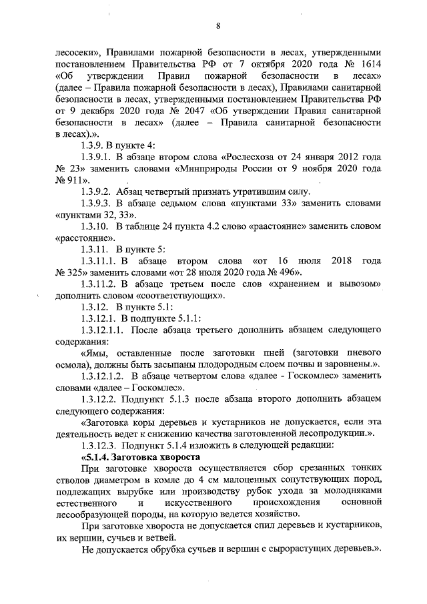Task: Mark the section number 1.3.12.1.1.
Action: point(102,330)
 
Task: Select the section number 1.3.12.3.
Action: point(99,445)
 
